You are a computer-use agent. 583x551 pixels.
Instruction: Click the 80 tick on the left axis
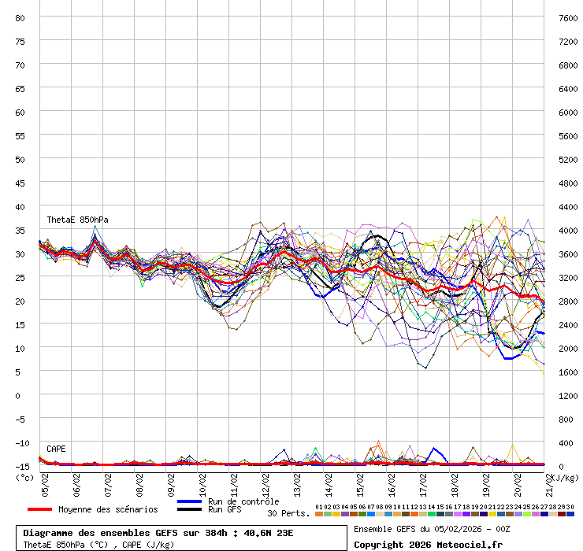[20, 17]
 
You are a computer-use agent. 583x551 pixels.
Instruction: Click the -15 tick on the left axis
[20, 466]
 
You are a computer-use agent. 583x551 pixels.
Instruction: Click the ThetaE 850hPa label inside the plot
[77, 220]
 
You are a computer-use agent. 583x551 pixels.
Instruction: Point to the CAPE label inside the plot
[56, 449]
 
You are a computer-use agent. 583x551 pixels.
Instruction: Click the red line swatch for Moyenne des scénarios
[45, 509]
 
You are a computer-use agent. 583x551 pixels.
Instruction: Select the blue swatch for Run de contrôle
[191, 501]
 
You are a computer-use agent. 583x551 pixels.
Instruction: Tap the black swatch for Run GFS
[191, 509]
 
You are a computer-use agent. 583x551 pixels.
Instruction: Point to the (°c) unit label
[25, 477]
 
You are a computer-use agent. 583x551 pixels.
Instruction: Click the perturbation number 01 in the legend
[319, 507]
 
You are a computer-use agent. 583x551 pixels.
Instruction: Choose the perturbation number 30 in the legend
[570, 507]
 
